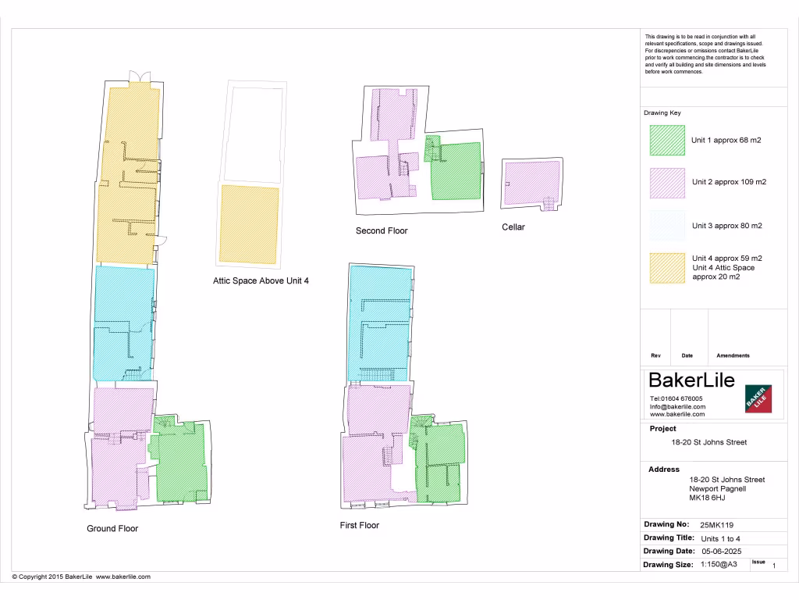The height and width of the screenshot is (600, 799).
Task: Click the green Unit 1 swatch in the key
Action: tap(667, 141)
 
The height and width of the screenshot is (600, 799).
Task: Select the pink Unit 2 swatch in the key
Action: tap(667, 183)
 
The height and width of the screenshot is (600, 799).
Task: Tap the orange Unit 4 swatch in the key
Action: tap(667, 268)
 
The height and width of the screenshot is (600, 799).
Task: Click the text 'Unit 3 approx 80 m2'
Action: tap(726, 226)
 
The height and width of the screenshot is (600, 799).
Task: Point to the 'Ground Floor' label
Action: tap(112, 529)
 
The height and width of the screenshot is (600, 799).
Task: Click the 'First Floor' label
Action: tap(360, 525)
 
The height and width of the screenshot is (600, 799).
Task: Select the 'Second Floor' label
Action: tap(382, 230)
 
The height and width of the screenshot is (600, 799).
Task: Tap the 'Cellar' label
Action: tap(513, 227)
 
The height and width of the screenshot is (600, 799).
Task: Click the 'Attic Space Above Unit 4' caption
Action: tap(261, 280)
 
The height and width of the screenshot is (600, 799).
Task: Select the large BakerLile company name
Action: tap(692, 380)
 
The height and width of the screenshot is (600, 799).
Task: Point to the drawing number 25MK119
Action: tap(718, 525)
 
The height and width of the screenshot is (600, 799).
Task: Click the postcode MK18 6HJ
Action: tap(707, 498)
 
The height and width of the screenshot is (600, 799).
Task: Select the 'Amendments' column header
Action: tap(733, 355)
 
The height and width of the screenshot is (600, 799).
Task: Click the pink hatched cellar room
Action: tap(531, 183)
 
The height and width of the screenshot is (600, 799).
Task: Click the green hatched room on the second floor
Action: tap(456, 170)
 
